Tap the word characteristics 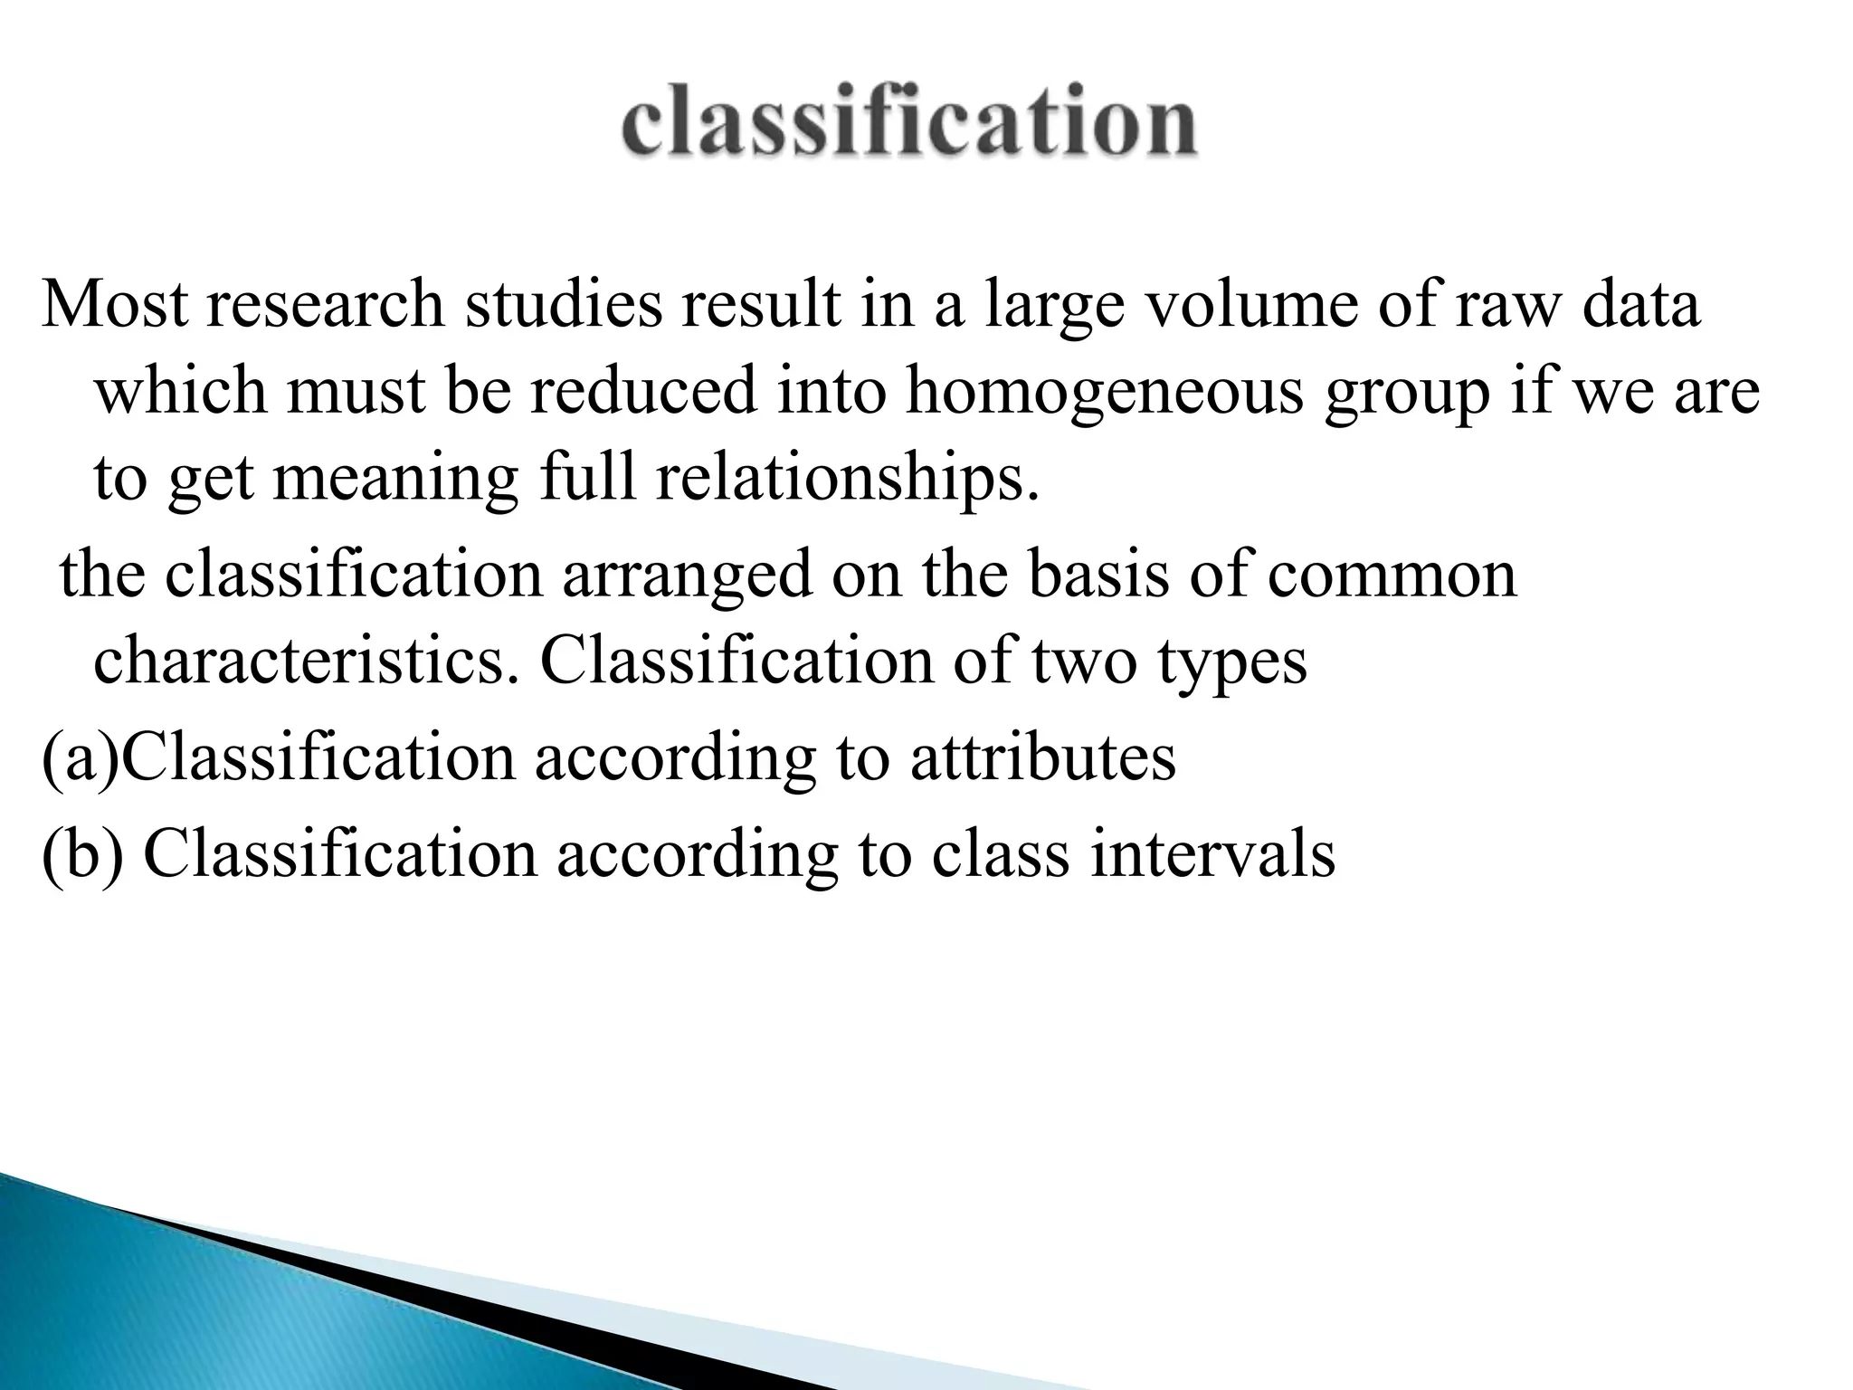coord(307,661)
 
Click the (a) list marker coord(81,758)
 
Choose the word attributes coord(1043,758)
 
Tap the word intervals coord(1212,854)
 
